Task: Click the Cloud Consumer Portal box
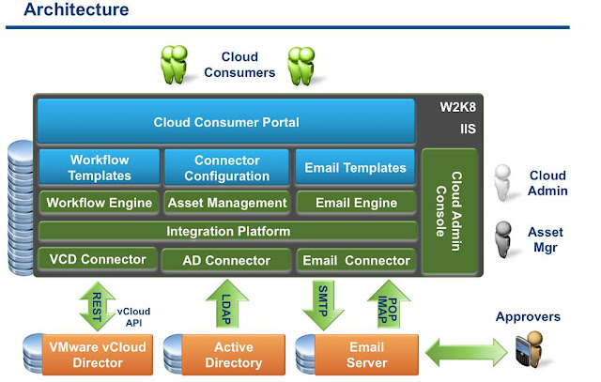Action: coord(225,122)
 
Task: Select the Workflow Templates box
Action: coord(100,168)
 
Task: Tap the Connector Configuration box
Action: coord(226,168)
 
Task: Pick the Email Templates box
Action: coord(356,168)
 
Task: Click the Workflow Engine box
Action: coord(100,203)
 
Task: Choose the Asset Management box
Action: coord(226,203)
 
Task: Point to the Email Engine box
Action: coord(356,203)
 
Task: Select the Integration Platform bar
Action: coord(227,231)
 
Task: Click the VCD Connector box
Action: coord(96,259)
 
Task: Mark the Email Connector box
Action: coord(356,260)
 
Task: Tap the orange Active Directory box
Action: coord(233,355)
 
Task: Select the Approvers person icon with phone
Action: coord(533,353)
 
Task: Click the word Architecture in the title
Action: coord(76,10)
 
